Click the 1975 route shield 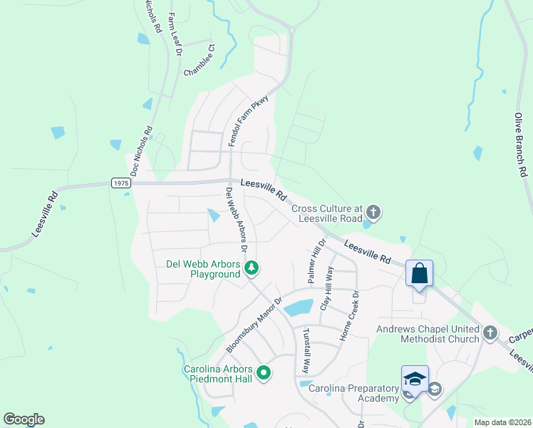pyautogui.click(x=121, y=183)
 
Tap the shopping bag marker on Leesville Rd pyautogui.click(x=419, y=273)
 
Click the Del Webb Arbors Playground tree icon pyautogui.click(x=251, y=268)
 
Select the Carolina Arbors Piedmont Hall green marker pyautogui.click(x=263, y=372)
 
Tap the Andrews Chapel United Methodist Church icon pyautogui.click(x=490, y=332)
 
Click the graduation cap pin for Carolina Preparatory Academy pyautogui.click(x=415, y=379)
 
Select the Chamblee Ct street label pyautogui.click(x=200, y=61)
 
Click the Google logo pyautogui.click(x=24, y=419)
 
